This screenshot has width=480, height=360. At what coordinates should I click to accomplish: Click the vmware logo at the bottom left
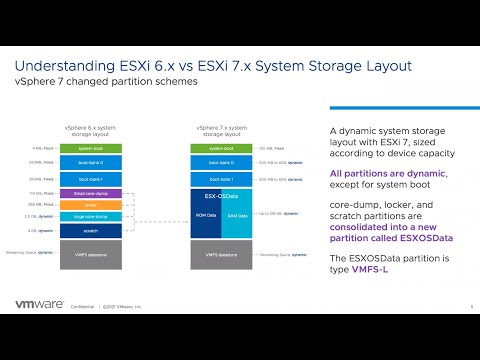point(43,306)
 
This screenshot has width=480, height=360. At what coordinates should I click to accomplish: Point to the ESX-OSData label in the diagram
point(214,196)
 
